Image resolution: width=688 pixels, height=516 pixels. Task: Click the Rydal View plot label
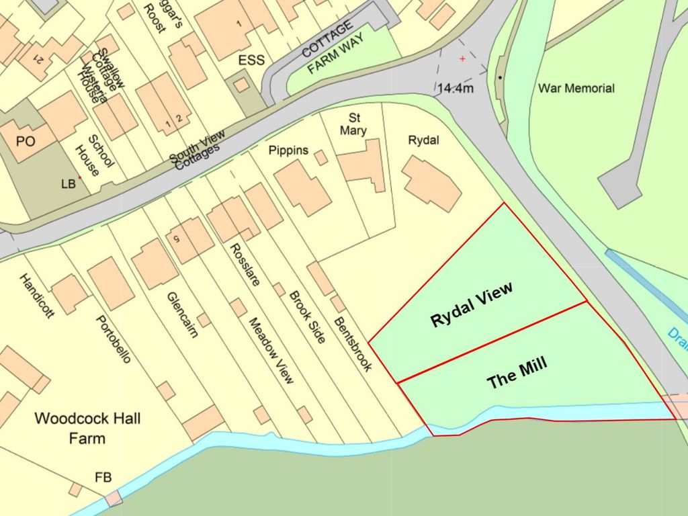pyautogui.click(x=472, y=305)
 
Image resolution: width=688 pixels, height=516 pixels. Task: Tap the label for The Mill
pyautogui.click(x=517, y=373)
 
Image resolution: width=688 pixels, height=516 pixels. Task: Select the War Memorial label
pyautogui.click(x=576, y=88)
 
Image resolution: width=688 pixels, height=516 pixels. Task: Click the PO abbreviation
pyautogui.click(x=26, y=142)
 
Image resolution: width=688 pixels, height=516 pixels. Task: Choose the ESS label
pyautogui.click(x=251, y=60)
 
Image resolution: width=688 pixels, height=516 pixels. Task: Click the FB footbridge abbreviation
pyautogui.click(x=103, y=478)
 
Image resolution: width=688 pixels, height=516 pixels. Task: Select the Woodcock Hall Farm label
pyautogui.click(x=87, y=429)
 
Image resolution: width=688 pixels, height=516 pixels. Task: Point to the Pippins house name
pyautogui.click(x=288, y=149)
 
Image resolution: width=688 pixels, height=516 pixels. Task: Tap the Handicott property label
pyautogui.click(x=36, y=296)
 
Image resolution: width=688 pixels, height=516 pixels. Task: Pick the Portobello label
pyautogui.click(x=113, y=339)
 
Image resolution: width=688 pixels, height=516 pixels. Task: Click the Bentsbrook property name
pyautogui.click(x=352, y=344)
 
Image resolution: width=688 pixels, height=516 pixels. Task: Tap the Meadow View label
pyautogui.click(x=271, y=350)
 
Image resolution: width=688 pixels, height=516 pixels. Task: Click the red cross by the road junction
pyautogui.click(x=462, y=59)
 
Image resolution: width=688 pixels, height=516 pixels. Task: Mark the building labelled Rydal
pyautogui.click(x=432, y=183)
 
